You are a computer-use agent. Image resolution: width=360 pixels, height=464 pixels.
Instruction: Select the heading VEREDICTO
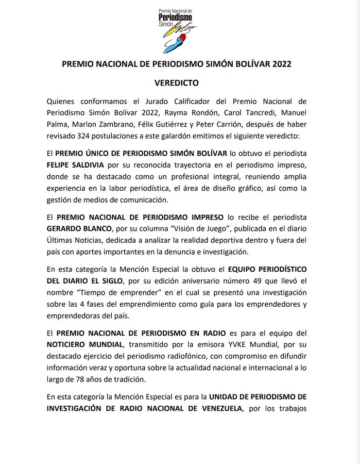[x=180, y=82]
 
